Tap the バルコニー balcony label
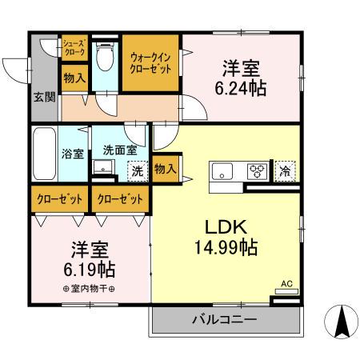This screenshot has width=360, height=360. [223, 320]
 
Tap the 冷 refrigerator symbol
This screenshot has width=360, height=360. [285, 170]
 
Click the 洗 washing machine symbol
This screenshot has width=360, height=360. [137, 170]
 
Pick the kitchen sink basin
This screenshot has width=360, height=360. [222, 170]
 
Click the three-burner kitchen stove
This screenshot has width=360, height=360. [257, 170]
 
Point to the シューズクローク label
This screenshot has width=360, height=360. [74, 47]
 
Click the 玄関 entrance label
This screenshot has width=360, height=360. [44, 98]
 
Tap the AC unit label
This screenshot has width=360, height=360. [286, 282]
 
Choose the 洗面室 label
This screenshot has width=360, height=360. [119, 150]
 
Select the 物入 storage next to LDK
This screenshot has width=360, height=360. [165, 169]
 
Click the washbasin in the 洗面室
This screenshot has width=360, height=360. [102, 168]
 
